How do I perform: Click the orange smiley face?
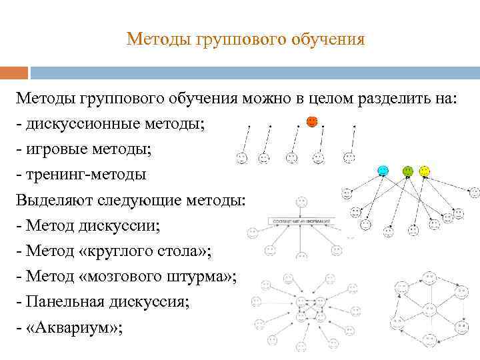pos(311,122)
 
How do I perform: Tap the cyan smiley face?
pos(383,171)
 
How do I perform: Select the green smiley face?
pos(407,171)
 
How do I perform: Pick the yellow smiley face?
pos(425,171)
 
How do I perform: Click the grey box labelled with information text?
pos(301,220)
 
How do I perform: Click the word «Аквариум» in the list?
pos(74,328)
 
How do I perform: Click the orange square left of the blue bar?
pos(14,72)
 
